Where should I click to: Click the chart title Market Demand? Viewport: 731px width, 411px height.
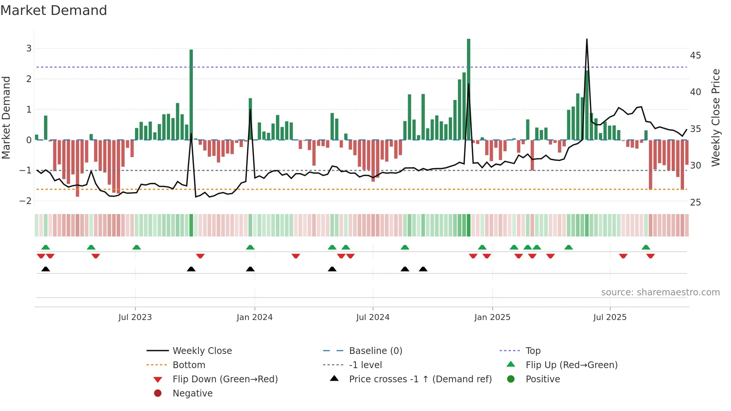tap(54, 10)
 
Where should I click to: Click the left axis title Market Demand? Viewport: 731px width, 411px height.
tap(6, 117)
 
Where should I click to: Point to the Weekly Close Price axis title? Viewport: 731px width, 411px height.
tap(715, 117)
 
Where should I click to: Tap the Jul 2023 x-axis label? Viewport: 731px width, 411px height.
tap(135, 317)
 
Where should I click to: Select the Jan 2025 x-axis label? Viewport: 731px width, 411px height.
tap(492, 317)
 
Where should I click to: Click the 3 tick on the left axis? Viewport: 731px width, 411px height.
tap(29, 48)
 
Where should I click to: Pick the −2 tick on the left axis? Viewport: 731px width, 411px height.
tap(26, 201)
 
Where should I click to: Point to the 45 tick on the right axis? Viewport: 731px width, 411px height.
tap(696, 56)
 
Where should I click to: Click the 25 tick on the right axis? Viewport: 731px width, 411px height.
tap(696, 203)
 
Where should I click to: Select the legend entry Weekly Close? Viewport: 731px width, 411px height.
tap(202, 351)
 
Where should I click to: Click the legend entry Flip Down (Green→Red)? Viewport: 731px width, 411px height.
tap(225, 379)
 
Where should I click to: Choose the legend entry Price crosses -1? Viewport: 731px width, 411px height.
tap(420, 379)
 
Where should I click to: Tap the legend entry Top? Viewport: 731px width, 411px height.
tap(533, 351)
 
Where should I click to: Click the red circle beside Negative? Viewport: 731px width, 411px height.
tap(158, 393)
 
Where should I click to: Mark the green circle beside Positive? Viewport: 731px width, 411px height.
tap(511, 379)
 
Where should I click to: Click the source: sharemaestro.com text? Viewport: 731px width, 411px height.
tap(660, 292)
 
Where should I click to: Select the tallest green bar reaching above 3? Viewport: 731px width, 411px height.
tap(468, 90)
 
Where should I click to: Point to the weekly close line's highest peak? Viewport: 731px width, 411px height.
tap(587, 40)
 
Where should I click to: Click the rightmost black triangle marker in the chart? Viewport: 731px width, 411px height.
tap(423, 269)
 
